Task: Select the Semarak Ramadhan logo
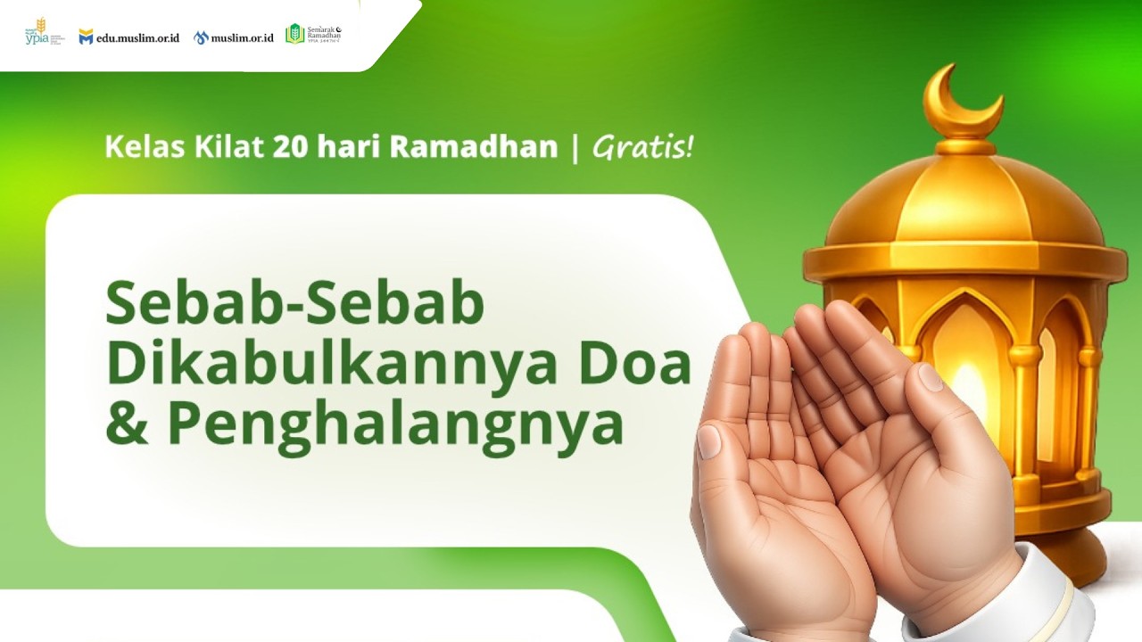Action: coord(313,34)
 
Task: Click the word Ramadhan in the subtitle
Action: coord(473,146)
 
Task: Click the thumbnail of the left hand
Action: coord(708,440)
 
